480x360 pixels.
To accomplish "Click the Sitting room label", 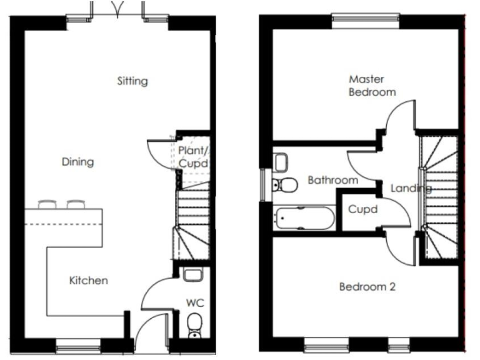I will point(132,81).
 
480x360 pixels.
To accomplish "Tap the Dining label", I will point(77,162).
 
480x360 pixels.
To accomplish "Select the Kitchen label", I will point(88,281).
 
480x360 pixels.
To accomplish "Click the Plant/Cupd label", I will point(192,157).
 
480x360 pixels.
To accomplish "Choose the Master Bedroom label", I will point(372,86).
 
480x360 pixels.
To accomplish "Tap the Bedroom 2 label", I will point(367,287).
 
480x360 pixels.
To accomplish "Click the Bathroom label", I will point(332,181).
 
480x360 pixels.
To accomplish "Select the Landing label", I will point(411,188).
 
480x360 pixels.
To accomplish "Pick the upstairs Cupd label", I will point(362,209).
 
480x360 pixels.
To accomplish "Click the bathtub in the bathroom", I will point(304,219).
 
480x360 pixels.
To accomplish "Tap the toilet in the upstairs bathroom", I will point(286,184).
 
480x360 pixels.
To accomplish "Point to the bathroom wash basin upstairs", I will point(280,162).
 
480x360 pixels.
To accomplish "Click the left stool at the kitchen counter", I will point(48,204).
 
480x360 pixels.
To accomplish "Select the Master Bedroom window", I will point(366,17).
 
